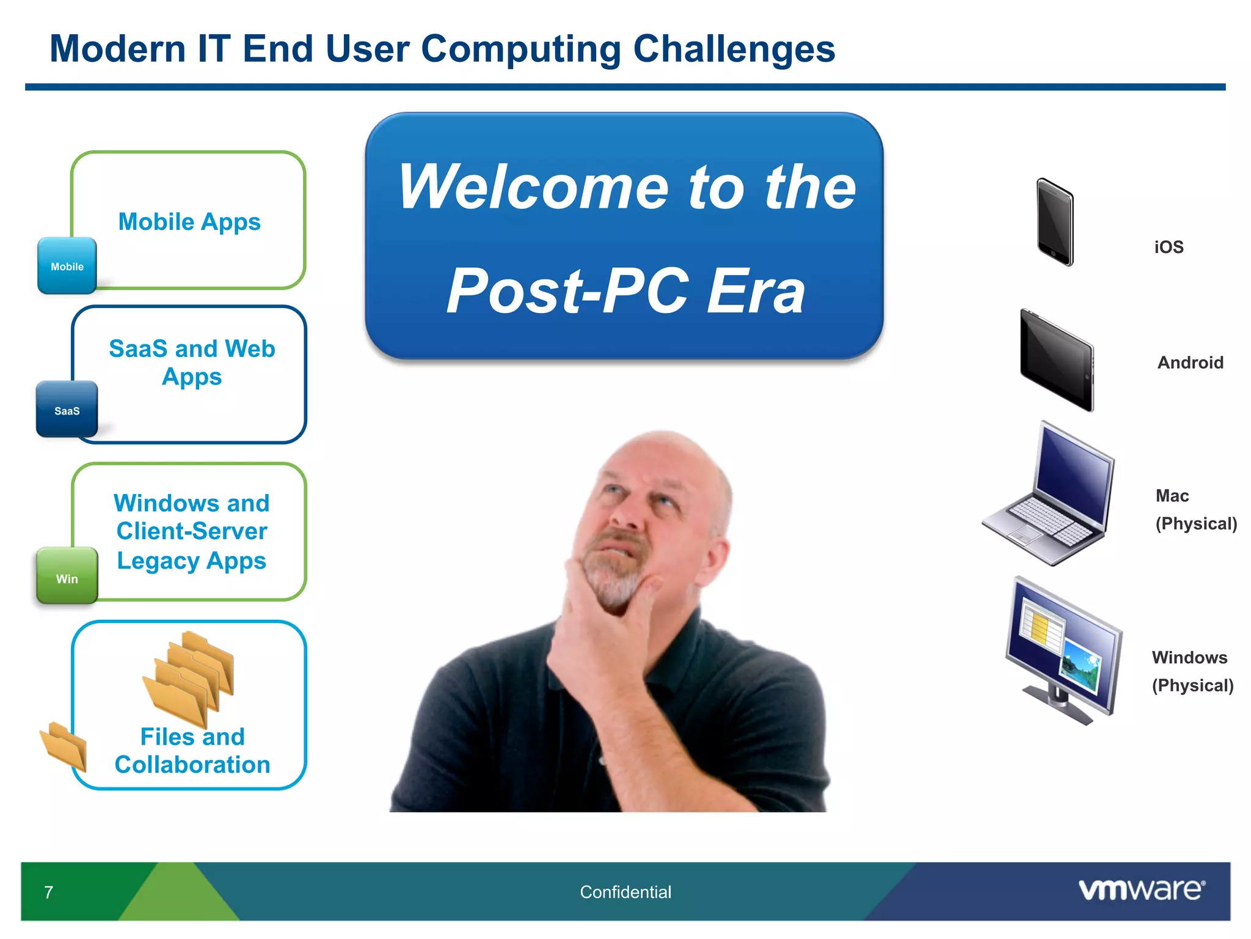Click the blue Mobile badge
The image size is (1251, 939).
(x=67, y=266)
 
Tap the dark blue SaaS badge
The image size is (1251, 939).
(x=67, y=410)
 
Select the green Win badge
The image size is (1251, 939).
(x=67, y=576)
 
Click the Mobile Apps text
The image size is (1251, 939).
(x=189, y=222)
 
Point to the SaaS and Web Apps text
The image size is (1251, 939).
(x=192, y=363)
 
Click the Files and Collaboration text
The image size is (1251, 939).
(x=192, y=751)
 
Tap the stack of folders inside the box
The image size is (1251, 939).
(x=189, y=679)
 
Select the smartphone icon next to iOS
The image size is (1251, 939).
(x=1055, y=222)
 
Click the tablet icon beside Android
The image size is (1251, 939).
(x=1057, y=361)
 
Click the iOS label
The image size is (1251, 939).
(x=1169, y=247)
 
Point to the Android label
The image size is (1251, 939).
(x=1190, y=363)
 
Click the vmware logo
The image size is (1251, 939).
(x=1142, y=889)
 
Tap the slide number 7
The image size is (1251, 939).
(x=49, y=892)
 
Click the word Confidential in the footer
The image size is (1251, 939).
(x=625, y=892)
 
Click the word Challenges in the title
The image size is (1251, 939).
(x=734, y=49)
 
